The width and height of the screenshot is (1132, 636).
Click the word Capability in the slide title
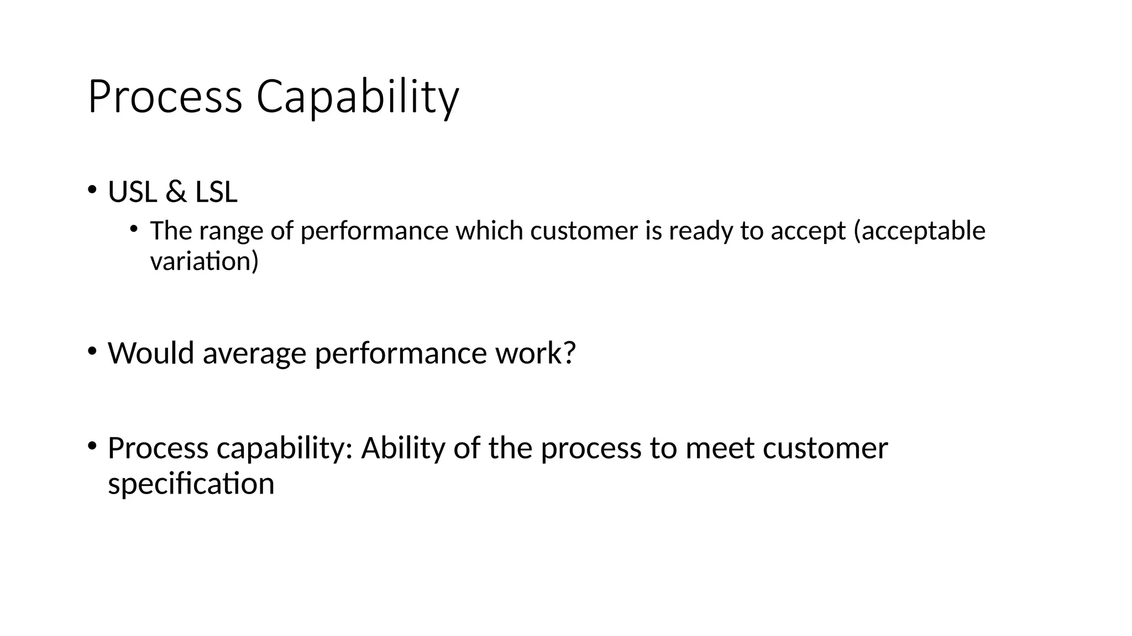tap(357, 98)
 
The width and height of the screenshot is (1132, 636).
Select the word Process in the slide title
tap(165, 98)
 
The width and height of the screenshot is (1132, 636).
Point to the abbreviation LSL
tap(216, 192)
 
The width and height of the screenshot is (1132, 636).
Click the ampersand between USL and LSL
tap(176, 192)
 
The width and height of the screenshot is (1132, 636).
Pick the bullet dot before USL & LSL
tap(92, 189)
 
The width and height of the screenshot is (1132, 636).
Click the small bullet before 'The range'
tap(134, 228)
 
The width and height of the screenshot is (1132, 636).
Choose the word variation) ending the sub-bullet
tap(204, 261)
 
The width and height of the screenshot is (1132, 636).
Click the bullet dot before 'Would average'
tap(92, 350)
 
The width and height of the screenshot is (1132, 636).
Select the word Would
tap(151, 353)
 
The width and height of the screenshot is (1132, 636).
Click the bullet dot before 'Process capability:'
tap(92, 445)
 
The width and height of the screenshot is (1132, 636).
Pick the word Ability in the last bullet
tap(403, 448)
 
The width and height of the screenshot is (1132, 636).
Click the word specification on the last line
tap(191, 484)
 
